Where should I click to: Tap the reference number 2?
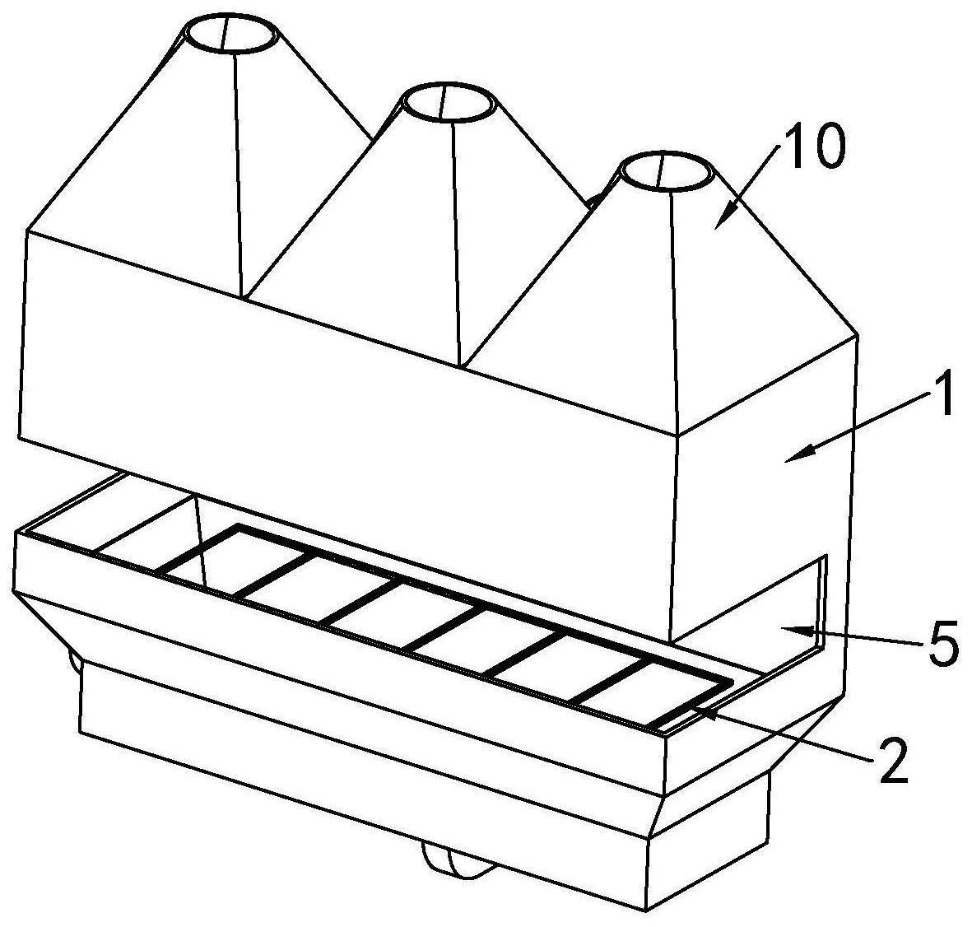pyautogui.click(x=890, y=762)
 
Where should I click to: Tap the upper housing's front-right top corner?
pyautogui.click(x=677, y=435)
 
